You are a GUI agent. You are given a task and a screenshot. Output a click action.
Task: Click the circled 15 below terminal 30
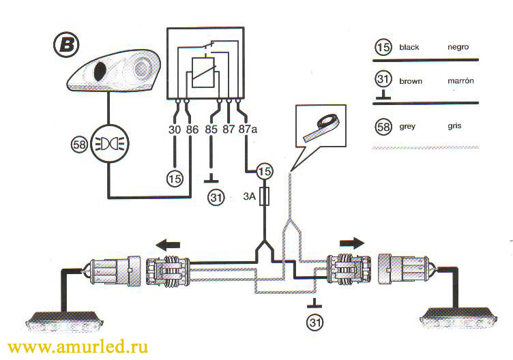(x=176, y=179)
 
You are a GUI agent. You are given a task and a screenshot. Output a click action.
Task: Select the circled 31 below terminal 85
(x=216, y=198)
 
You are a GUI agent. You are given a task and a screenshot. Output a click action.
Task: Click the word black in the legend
(x=410, y=48)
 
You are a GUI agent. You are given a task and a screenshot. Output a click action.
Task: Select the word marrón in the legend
(x=460, y=80)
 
